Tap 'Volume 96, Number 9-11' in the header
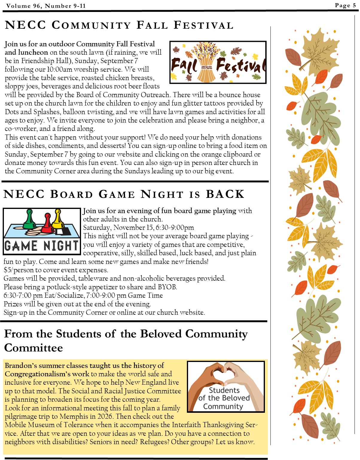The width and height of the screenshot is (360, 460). tap(46, 6)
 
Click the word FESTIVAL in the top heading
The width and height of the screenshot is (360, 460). tap(203, 25)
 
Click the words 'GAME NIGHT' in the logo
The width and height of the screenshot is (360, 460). tap(42, 246)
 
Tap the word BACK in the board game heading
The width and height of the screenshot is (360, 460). tap(225, 194)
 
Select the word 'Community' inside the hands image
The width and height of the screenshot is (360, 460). tap(223, 406)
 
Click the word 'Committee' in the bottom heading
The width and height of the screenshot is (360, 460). tap(33, 348)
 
